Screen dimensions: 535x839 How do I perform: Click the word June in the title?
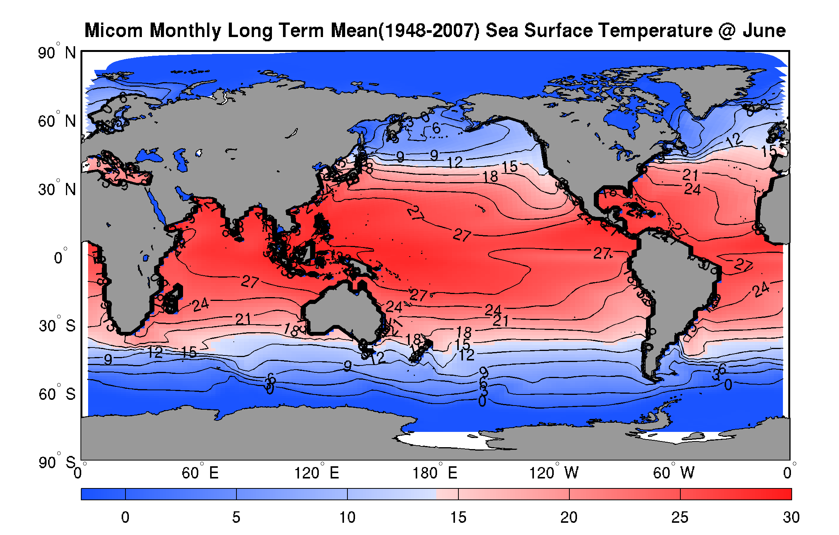point(764,31)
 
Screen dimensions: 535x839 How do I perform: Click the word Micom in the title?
point(113,31)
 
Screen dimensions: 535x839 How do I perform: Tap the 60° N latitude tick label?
point(57,121)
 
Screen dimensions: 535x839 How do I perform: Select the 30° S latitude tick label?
point(57,326)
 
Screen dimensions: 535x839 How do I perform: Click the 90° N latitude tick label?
point(57,53)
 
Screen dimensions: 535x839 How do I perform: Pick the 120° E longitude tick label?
point(317,473)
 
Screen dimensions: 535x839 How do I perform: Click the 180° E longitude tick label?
point(435,473)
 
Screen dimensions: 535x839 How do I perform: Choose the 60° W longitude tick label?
point(673,473)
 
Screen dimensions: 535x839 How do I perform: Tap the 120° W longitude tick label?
point(553,473)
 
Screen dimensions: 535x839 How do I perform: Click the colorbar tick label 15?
point(458,517)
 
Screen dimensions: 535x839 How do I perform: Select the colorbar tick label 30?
point(791,517)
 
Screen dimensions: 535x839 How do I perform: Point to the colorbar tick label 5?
point(236,517)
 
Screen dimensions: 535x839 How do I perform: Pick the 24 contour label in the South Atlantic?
point(761,290)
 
